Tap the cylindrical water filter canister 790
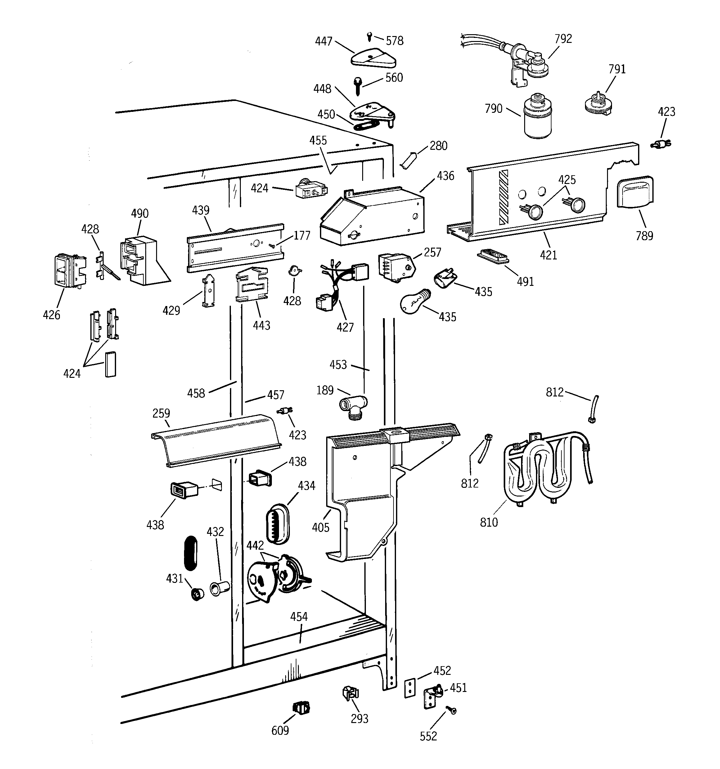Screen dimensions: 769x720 [x=538, y=116]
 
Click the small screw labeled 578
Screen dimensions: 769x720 [x=369, y=37]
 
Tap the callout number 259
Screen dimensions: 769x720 [x=161, y=413]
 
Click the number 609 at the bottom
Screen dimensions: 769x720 [x=280, y=730]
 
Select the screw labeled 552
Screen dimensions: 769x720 [x=452, y=710]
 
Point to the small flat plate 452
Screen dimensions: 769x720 [x=410, y=688]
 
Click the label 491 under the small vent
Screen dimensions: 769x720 [x=525, y=282]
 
